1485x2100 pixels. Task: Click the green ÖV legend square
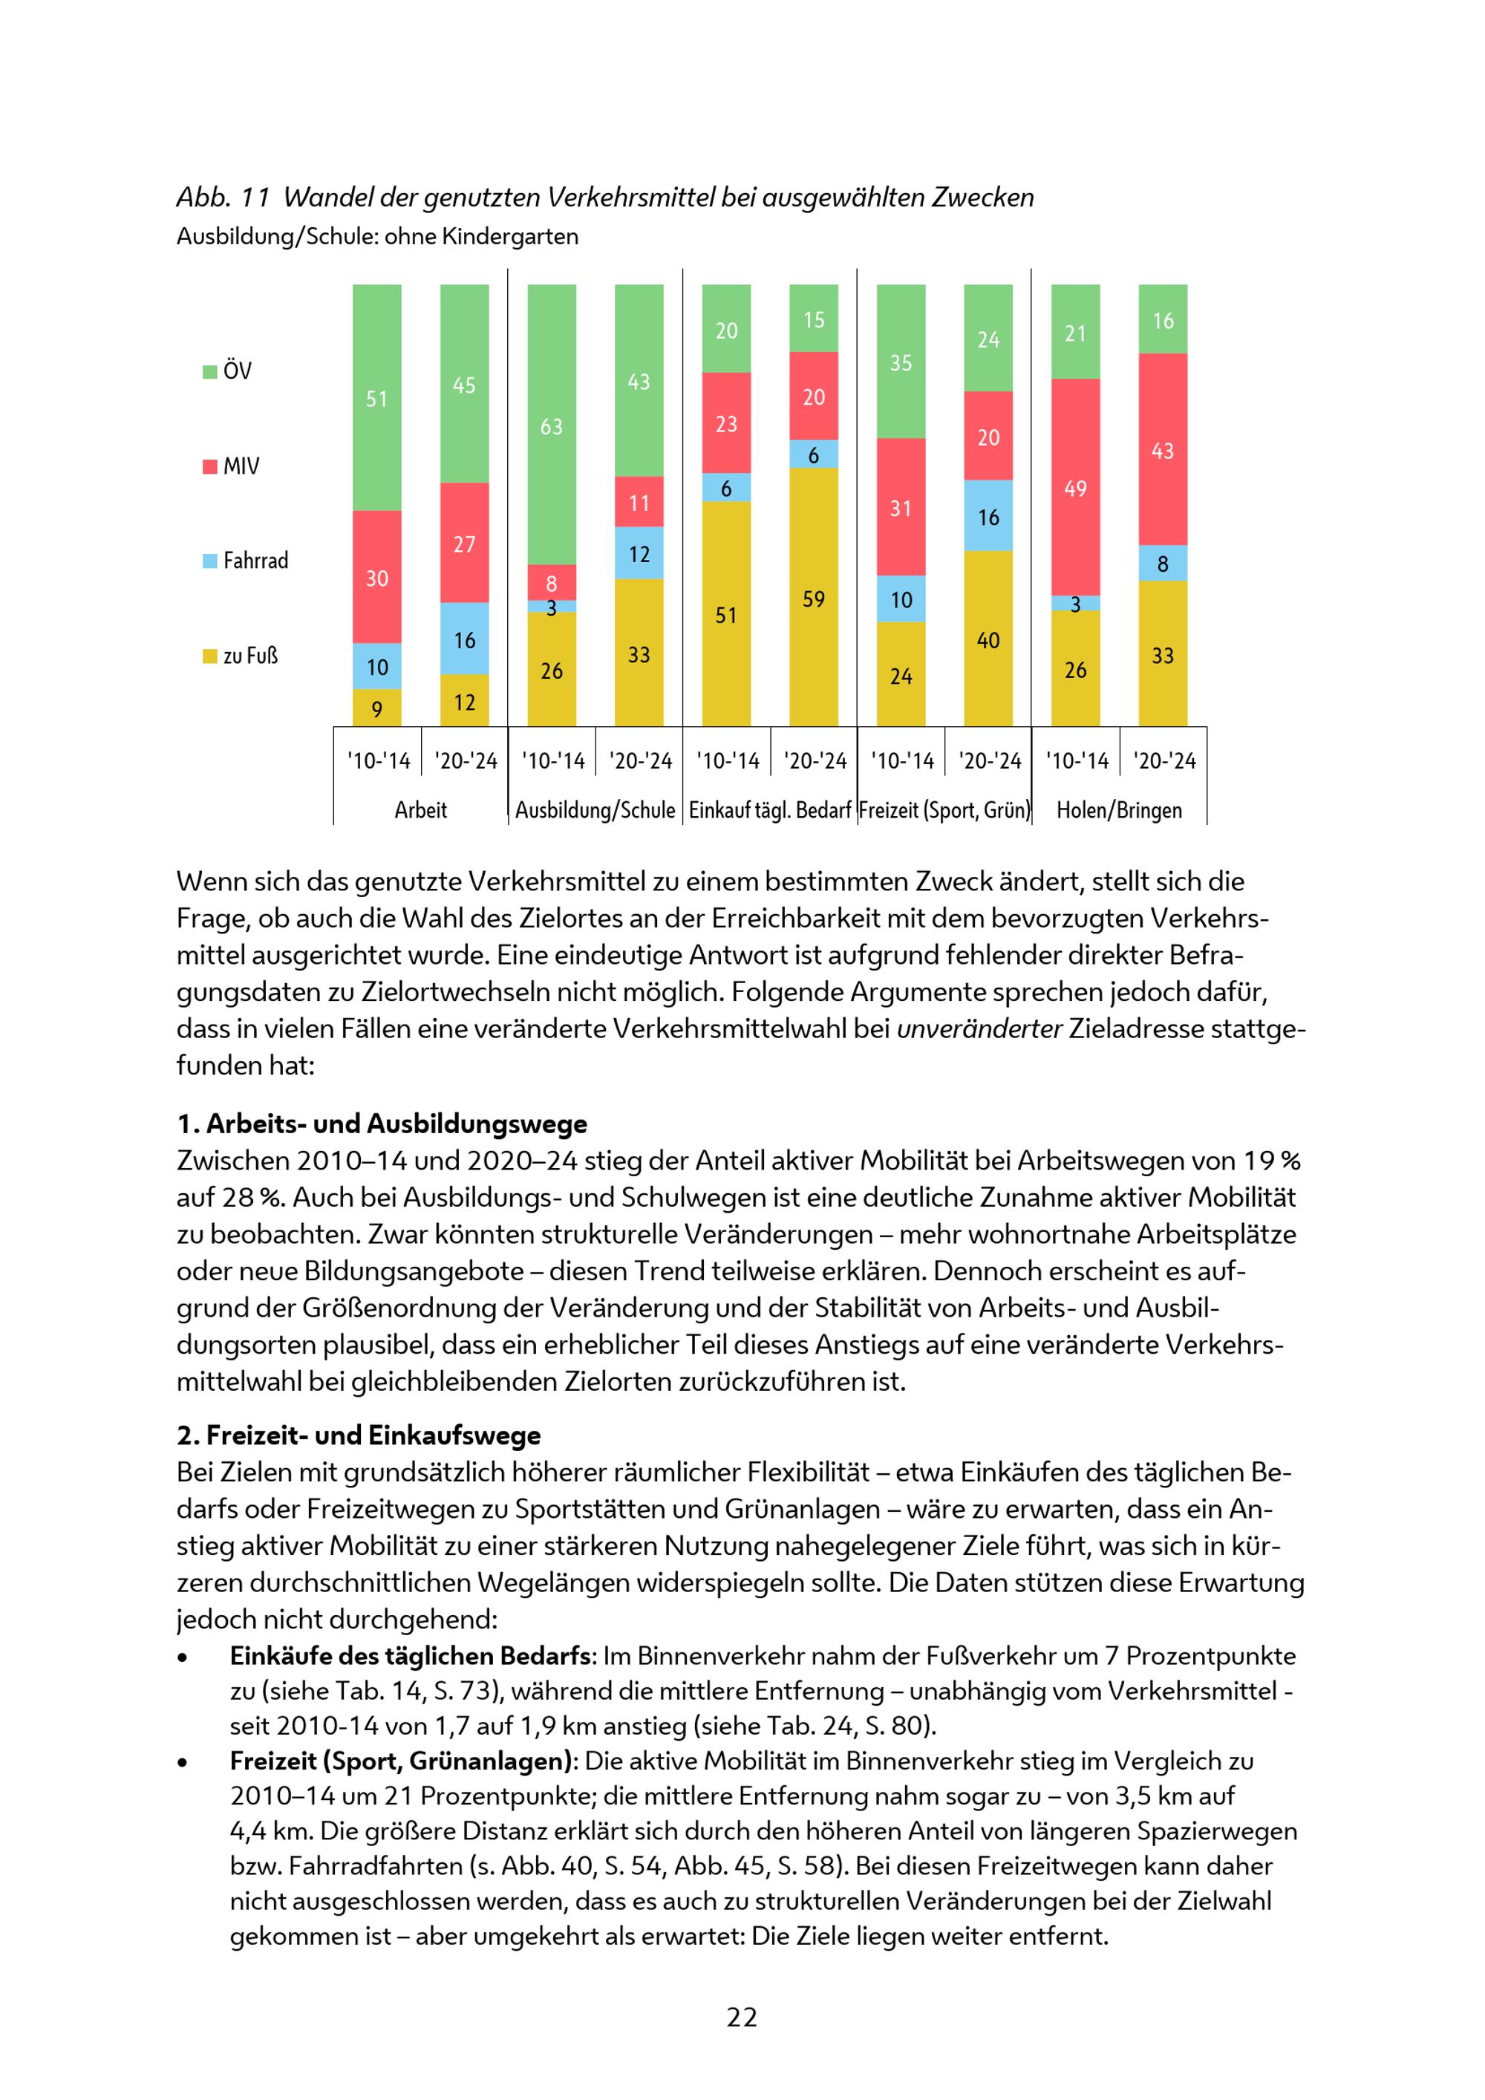210,371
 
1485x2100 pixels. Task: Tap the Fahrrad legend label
255,561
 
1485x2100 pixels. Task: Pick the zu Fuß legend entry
241,656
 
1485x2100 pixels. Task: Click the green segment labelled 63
552,425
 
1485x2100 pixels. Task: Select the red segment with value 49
1075,487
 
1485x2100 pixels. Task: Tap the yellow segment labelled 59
814,599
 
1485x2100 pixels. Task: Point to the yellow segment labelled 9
376,708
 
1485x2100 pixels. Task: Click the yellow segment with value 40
988,639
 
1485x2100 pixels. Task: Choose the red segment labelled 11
639,502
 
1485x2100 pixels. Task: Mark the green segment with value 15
814,319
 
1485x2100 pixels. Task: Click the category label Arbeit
421,810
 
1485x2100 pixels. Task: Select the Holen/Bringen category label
1119,810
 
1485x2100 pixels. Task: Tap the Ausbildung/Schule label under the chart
595,810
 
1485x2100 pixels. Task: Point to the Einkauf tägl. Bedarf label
770,810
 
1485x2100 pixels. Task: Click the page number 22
742,2017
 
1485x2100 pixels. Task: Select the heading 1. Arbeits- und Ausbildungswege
382,1124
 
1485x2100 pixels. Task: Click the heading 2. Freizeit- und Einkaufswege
359,1435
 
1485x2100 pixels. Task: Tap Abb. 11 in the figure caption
223,198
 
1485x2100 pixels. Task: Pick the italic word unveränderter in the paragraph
979,1029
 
